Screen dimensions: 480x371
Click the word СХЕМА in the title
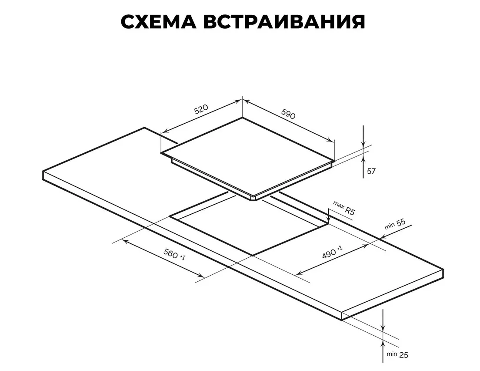159,22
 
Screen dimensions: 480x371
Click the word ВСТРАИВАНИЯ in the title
284,22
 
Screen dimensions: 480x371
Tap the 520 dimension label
201,109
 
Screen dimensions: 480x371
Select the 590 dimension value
288,114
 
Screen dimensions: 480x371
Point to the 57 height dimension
371,171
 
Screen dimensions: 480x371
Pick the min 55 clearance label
395,224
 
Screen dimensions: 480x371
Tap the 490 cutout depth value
332,253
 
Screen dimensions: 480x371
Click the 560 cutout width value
174,254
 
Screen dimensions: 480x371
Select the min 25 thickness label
397,354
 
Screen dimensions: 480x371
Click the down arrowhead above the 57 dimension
363,145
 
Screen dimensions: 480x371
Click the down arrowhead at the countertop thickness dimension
383,327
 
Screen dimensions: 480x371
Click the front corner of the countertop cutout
253,255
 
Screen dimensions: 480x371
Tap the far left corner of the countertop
43,171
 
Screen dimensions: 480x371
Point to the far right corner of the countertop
443,270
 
